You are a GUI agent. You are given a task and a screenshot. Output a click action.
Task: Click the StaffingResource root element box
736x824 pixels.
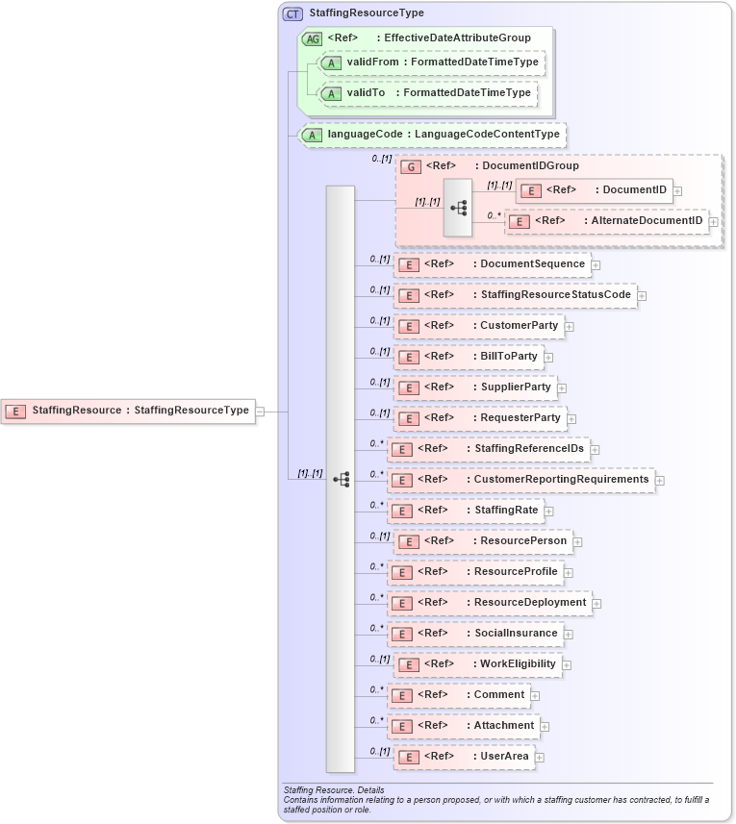click(x=127, y=411)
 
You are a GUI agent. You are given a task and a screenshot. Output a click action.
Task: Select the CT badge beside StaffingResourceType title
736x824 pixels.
click(x=292, y=13)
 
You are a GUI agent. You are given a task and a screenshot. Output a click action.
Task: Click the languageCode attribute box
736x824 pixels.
click(x=432, y=135)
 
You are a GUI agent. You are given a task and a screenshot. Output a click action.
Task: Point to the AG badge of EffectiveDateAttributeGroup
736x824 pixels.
click(x=312, y=38)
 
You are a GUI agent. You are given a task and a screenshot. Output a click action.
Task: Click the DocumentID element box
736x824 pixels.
click(x=595, y=190)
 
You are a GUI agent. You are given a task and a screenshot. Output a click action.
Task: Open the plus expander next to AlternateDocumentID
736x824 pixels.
click(x=713, y=222)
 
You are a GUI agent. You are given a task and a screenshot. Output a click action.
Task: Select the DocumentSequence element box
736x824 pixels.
click(x=492, y=264)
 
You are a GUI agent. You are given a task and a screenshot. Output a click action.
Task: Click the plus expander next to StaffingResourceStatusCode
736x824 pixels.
click(x=642, y=296)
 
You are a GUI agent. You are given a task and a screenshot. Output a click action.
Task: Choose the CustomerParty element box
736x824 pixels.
click(x=478, y=326)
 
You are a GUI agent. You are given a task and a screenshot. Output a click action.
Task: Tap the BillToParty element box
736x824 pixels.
click(x=469, y=357)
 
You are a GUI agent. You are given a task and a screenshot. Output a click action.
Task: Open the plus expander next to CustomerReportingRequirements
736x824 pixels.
click(x=659, y=481)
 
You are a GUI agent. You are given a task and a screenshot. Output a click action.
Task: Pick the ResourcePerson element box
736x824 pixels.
click(x=483, y=541)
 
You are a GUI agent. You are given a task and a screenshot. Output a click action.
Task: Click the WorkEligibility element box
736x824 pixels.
click(x=477, y=664)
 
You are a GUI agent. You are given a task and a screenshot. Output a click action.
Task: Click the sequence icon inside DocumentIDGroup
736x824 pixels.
click(x=458, y=207)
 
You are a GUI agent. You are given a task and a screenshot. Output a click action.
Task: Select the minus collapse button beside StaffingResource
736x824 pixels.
click(x=260, y=411)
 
